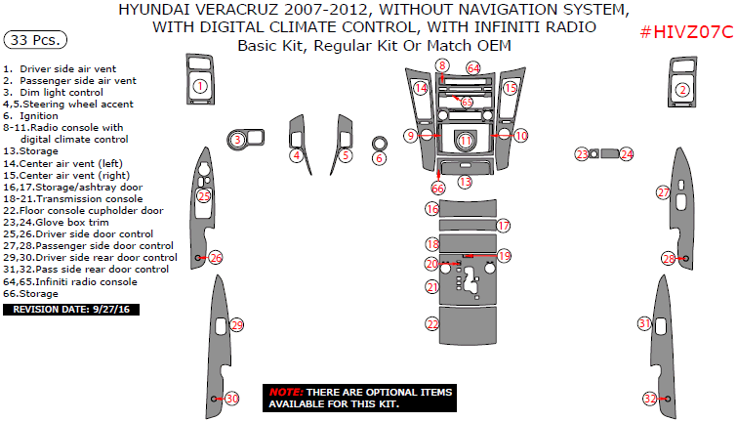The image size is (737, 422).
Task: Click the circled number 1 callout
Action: tap(199, 87)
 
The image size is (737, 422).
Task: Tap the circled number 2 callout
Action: tap(683, 90)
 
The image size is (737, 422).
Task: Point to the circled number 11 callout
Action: tap(466, 141)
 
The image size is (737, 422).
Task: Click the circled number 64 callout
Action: tap(473, 68)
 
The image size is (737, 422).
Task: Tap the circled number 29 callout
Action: tap(236, 324)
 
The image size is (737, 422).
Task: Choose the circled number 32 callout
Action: tap(650, 398)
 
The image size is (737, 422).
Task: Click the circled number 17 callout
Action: tap(504, 226)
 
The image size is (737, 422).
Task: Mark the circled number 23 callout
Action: tap(582, 154)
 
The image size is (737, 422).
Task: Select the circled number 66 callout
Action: tap(437, 188)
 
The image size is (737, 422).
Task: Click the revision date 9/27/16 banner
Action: tap(72, 309)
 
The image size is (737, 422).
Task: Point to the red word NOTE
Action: tap(284, 391)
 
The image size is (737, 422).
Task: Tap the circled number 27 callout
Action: tap(663, 193)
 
